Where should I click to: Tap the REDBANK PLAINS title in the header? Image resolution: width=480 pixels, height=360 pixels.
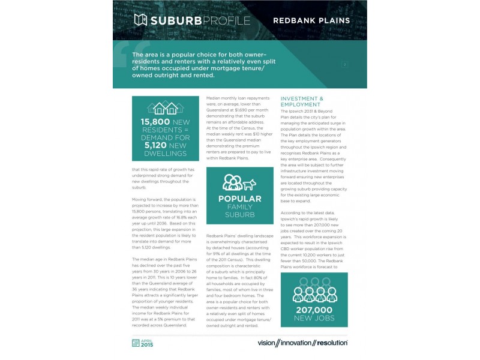[311, 21]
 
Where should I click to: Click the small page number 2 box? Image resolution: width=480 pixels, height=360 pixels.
[345, 64]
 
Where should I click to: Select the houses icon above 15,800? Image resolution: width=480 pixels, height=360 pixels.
[165, 108]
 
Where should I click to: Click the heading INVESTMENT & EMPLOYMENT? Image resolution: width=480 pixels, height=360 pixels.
[302, 101]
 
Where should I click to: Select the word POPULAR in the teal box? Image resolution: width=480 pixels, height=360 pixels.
[239, 199]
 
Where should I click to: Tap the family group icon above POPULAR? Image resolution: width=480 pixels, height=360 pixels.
[232, 182]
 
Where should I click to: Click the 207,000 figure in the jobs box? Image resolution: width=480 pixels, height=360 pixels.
[314, 310]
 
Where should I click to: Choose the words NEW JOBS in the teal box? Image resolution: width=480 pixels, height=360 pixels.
[314, 319]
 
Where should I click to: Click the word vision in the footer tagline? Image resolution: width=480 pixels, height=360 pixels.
[269, 343]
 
